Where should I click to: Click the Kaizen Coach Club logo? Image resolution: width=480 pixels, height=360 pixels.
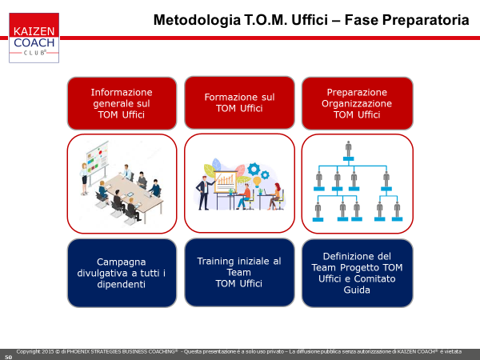click(x=34, y=38)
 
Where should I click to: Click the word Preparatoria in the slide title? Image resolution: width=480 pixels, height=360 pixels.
click(x=426, y=21)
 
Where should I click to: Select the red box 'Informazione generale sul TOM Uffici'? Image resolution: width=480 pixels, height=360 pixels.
click(x=122, y=103)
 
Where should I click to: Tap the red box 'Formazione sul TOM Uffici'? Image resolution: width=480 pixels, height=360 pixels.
click(x=239, y=103)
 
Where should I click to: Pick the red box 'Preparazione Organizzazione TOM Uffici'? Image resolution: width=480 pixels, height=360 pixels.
click(x=358, y=103)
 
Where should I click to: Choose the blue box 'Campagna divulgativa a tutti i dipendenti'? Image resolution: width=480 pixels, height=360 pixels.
click(x=122, y=273)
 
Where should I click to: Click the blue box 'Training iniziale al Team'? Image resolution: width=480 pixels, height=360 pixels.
click(x=239, y=273)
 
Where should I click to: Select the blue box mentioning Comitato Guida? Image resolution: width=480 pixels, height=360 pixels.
click(x=358, y=273)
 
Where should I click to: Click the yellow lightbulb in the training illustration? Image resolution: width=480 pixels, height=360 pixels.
click(x=257, y=182)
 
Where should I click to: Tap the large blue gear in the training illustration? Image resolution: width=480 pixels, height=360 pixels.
click(x=254, y=169)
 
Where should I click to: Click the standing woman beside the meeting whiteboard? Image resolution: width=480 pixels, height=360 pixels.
click(x=84, y=179)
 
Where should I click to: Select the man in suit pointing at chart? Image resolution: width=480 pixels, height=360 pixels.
click(x=203, y=193)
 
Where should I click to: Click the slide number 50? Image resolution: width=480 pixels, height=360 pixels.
click(x=8, y=358)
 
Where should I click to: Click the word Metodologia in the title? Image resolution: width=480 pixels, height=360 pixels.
click(x=197, y=21)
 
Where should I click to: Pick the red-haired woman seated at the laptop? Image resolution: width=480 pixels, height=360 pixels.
click(x=275, y=196)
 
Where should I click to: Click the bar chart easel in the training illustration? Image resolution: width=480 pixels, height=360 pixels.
click(x=226, y=185)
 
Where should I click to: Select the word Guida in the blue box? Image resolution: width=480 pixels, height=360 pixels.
click(x=357, y=290)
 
